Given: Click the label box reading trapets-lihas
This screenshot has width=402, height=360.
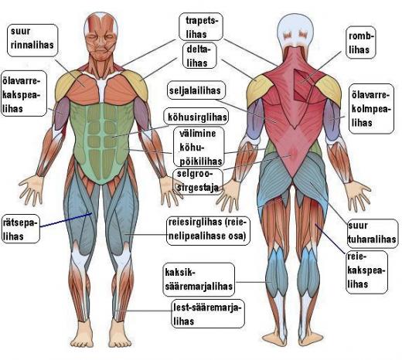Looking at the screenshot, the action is click(201, 27).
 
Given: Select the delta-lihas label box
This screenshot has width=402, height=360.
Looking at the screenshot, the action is click(199, 56).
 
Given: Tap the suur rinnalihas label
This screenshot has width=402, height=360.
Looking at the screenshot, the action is click(32, 40).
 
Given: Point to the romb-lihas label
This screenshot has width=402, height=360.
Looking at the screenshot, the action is click(360, 42).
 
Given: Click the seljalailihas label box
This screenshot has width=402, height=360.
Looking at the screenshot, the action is click(196, 90).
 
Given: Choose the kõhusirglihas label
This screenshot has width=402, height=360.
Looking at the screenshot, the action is click(196, 117).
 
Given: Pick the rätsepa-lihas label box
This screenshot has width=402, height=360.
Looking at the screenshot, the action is click(21, 229).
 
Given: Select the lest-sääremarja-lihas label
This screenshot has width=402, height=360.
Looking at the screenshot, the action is click(208, 314).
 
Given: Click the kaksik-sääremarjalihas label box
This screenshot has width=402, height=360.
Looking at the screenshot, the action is click(199, 280).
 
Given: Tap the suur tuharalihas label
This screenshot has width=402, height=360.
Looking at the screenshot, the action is click(372, 233).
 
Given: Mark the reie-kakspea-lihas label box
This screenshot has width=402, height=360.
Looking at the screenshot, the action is click(366, 272).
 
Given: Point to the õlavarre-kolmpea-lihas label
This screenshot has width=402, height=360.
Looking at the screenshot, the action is click(371, 109).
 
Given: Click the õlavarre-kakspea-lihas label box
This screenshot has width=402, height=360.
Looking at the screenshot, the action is click(24, 93).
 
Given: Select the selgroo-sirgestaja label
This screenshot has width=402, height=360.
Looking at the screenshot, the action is click(198, 181).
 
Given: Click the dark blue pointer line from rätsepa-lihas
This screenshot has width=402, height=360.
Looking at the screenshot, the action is click(66, 220).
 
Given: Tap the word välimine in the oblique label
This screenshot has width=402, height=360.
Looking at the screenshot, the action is click(198, 134).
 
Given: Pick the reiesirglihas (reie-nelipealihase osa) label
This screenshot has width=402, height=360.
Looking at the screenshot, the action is click(208, 229).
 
